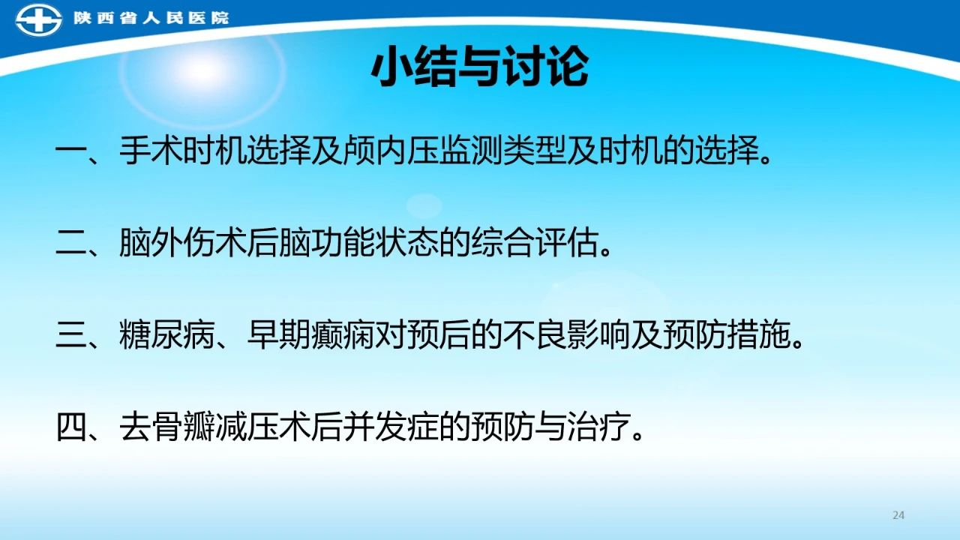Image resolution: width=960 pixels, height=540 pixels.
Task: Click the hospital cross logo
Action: pos(38,19)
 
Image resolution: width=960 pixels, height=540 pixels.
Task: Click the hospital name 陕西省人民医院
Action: pos(151,18)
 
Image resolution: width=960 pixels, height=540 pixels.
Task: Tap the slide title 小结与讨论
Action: pos(479,67)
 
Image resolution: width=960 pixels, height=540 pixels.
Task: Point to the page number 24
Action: pos(898,515)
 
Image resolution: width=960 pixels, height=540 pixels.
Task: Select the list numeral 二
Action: pos(70,243)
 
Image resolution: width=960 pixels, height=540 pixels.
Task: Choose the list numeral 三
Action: pos(70,335)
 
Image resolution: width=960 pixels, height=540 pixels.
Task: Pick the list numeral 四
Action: pos(70,427)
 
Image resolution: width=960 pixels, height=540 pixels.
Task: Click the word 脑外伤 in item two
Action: pos(166,243)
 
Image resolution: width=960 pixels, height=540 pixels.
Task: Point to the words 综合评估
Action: pos(535,243)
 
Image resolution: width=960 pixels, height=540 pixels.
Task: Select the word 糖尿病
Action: pos(166,335)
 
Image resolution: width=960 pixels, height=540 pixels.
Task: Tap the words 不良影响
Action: pos(566,335)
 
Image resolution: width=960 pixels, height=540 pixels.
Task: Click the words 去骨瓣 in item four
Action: pos(166,427)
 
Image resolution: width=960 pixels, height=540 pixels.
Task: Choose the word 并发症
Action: pos(391,427)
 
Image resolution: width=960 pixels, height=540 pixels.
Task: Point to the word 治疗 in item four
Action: pos(598,427)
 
